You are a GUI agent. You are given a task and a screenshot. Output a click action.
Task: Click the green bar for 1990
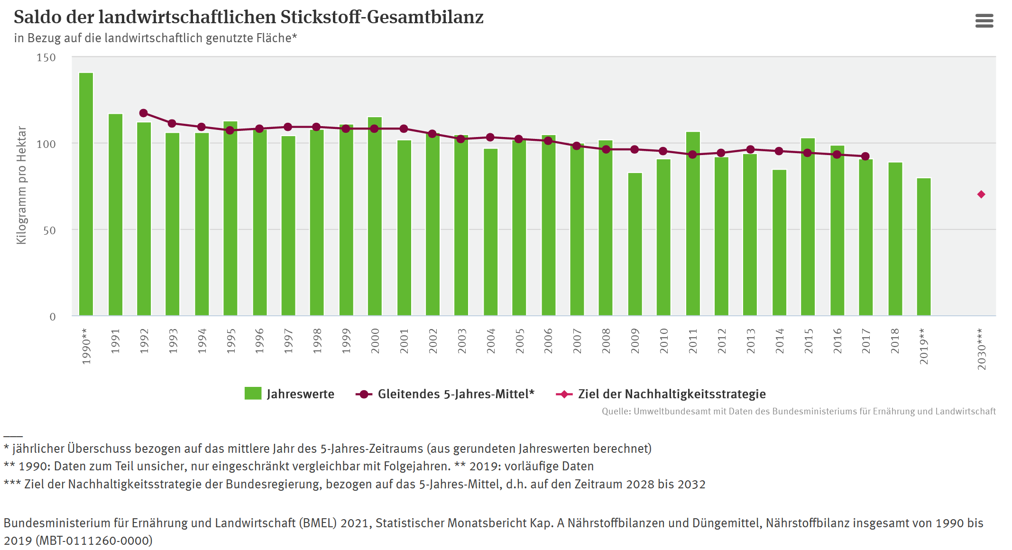[x=86, y=194]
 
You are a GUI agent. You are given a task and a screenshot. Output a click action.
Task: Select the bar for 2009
[x=635, y=244]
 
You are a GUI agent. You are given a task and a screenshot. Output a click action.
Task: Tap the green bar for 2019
[x=924, y=247]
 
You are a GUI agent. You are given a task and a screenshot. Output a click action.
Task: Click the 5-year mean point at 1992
[x=144, y=113]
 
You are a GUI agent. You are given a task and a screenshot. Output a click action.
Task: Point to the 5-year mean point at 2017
[x=865, y=156]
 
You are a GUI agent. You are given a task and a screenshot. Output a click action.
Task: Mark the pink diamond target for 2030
[x=981, y=194]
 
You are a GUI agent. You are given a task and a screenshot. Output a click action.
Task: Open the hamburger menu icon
[x=984, y=21]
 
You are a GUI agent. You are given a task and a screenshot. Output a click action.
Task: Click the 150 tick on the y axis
[x=46, y=58]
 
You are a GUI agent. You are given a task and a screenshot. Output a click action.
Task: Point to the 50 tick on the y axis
[x=49, y=230]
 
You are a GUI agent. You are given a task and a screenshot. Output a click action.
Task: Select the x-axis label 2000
[x=375, y=341]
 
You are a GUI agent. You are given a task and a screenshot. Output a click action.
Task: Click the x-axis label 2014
[x=780, y=341]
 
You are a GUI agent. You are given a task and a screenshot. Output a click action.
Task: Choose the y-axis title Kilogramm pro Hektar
[x=21, y=185]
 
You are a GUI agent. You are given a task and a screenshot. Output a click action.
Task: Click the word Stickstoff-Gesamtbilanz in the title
[x=382, y=17]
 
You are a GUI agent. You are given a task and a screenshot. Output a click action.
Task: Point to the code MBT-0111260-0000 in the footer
[x=94, y=541]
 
